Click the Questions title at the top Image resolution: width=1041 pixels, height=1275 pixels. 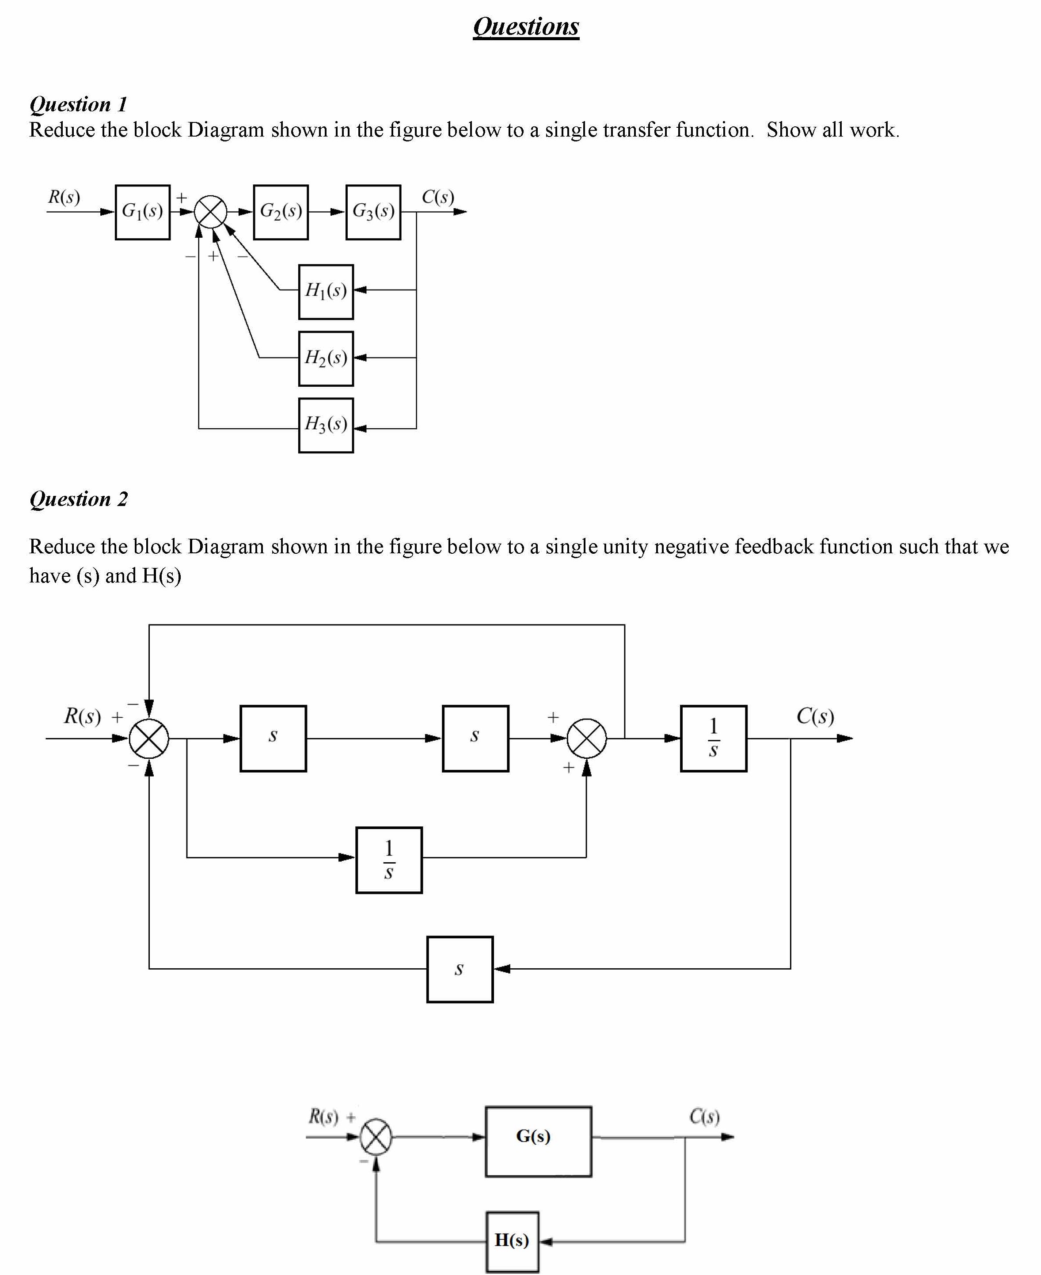tap(526, 27)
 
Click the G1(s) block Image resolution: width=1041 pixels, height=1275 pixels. tap(143, 212)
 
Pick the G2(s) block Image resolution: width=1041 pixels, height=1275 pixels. tap(281, 212)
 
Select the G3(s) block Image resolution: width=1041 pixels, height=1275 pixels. tap(373, 212)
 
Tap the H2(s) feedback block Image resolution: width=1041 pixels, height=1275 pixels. tap(326, 358)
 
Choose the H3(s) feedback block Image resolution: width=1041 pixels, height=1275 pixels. tap(326, 425)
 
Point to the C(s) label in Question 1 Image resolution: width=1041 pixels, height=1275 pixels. tap(438, 197)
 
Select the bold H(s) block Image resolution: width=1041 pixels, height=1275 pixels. tap(512, 1240)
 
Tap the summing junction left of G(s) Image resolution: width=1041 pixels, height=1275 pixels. tap(376, 1137)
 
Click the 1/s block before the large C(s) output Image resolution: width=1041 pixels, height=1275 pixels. tap(713, 738)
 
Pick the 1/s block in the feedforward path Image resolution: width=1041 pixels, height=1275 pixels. tap(388, 860)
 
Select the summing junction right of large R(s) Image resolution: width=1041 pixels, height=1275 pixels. tap(149, 738)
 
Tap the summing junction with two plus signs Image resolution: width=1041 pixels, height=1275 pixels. tap(586, 738)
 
